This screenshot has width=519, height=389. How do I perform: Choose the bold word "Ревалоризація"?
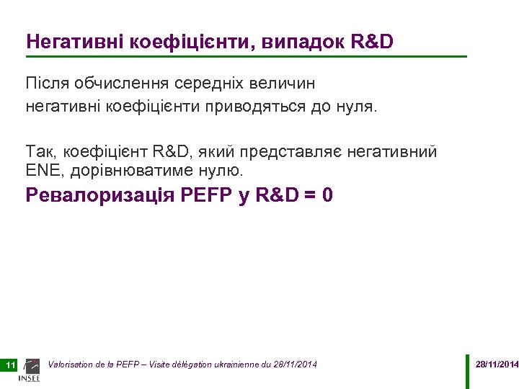click(99, 195)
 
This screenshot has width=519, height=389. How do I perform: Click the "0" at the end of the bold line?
click(328, 195)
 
